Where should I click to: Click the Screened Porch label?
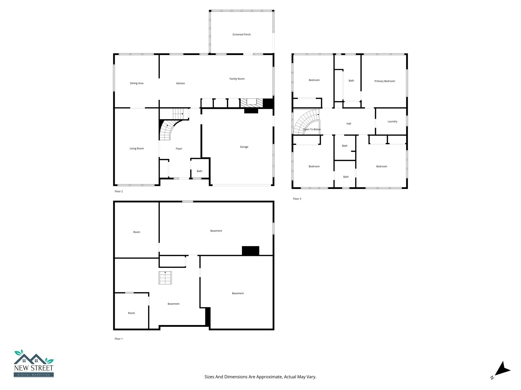[241, 35]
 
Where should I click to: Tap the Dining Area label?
[137, 83]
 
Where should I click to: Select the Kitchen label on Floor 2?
[181, 83]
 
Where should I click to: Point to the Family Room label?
[237, 79]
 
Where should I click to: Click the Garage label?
[244, 147]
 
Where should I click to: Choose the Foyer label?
[179, 149]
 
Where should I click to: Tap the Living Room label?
[137, 149]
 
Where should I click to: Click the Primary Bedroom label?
[384, 81]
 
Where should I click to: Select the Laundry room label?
[392, 122]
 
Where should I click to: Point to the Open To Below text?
[312, 129]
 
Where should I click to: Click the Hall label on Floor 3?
[349, 124]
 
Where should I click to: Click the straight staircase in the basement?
[165, 278]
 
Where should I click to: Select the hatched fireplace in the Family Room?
[252, 103]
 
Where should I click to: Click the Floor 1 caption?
[119, 339]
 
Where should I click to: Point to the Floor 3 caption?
[297, 199]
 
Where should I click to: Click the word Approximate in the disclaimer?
[269, 377]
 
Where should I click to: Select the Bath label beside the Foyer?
[199, 171]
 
